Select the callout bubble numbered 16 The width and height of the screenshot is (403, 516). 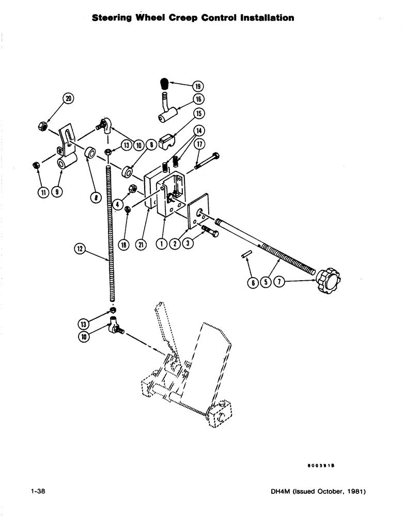click(x=199, y=99)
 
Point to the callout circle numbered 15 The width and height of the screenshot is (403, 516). click(x=199, y=113)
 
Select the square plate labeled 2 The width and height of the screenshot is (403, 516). click(x=198, y=212)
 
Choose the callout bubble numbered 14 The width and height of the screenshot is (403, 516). click(x=199, y=131)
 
